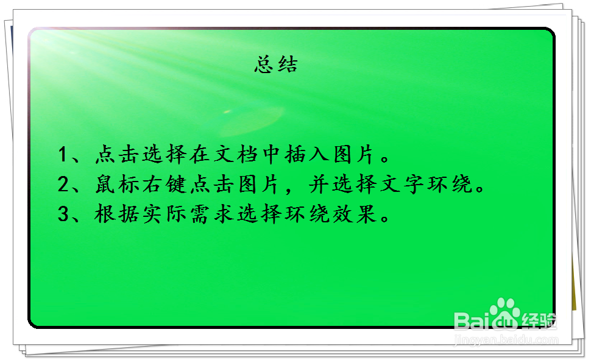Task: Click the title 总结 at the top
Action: (276, 65)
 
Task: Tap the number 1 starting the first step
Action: (63, 155)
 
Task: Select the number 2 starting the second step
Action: (63, 185)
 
